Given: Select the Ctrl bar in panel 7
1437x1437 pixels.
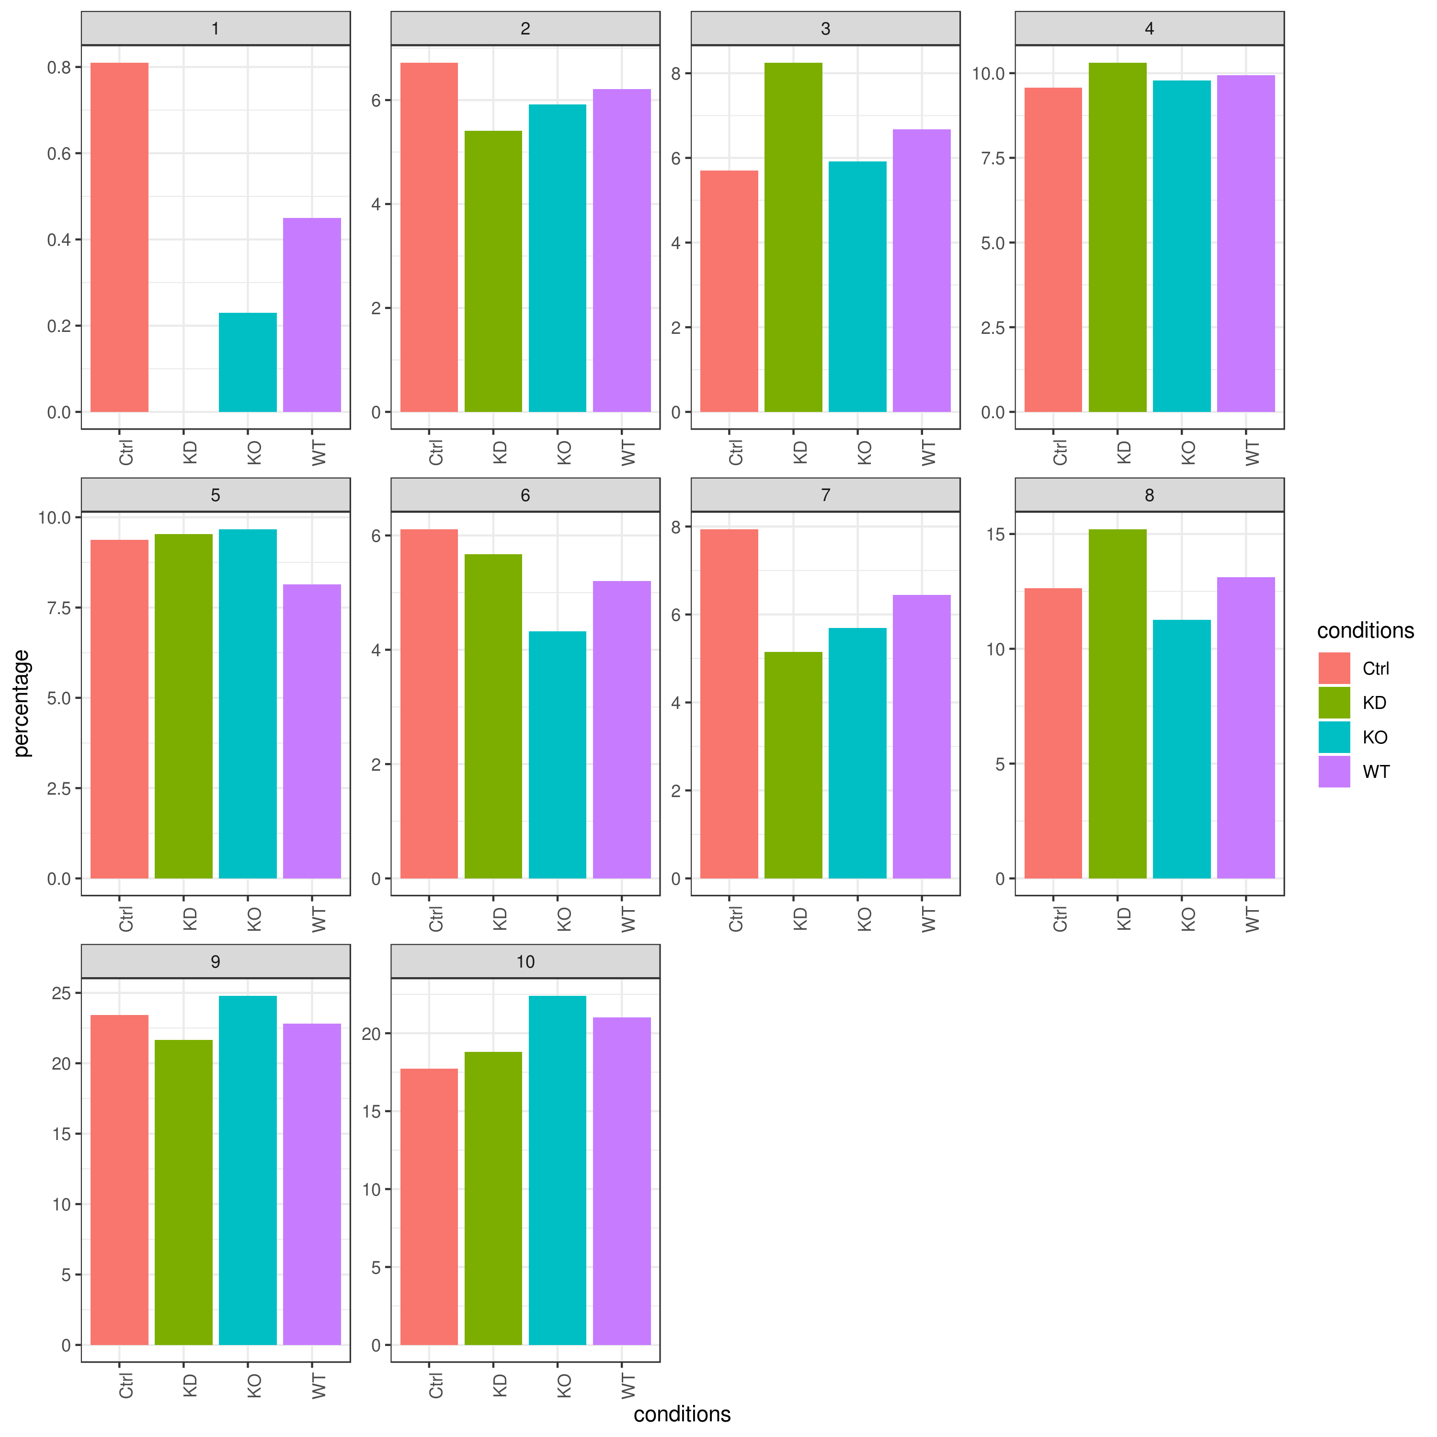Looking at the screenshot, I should click(729, 704).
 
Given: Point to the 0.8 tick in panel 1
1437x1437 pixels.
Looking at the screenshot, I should click(59, 68).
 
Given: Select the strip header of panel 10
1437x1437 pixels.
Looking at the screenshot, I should click(525, 962).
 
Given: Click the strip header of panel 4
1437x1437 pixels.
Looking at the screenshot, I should click(1149, 28).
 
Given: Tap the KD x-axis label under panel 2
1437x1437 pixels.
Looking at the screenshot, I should click(500, 452).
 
